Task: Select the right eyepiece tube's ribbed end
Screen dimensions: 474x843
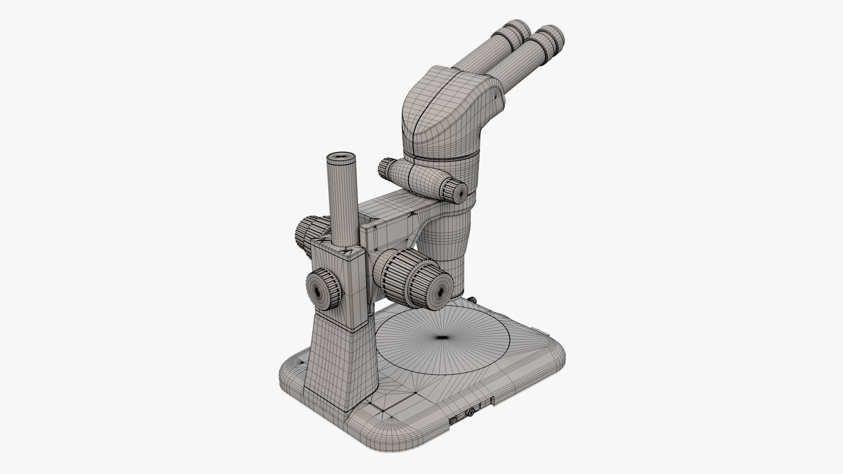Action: (550, 38)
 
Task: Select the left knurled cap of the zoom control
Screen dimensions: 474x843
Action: (385, 168)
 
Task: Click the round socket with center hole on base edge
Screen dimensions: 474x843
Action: (471, 413)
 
